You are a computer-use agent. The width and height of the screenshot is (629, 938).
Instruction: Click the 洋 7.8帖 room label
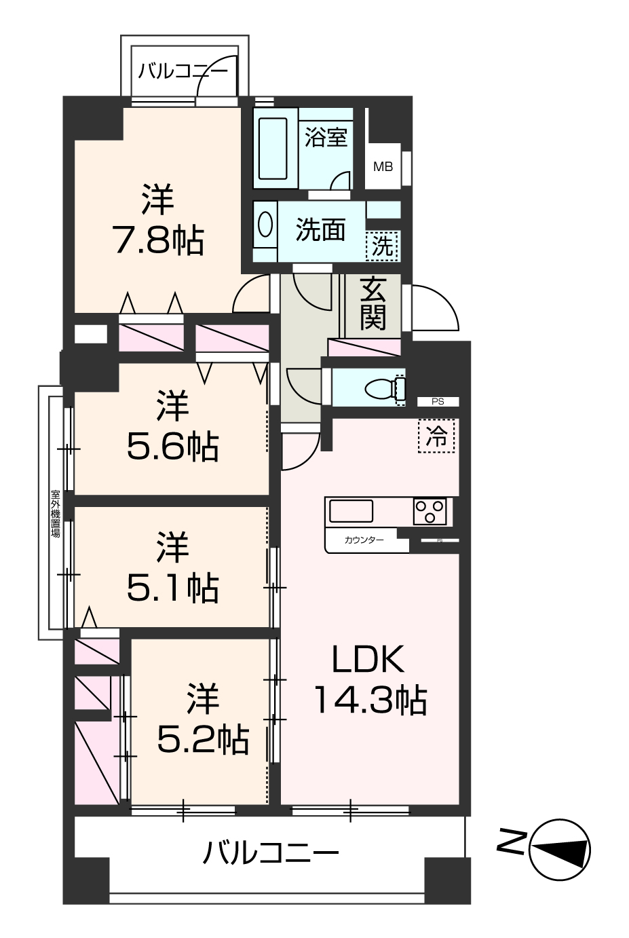(157, 219)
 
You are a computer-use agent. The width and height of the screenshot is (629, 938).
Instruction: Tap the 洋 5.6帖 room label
(172, 426)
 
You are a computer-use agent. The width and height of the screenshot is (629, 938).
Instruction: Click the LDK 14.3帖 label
(369, 679)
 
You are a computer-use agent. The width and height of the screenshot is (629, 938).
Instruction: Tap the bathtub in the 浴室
(273, 149)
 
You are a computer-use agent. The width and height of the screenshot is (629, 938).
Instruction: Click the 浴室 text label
(326, 137)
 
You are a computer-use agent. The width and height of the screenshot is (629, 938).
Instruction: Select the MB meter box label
(383, 166)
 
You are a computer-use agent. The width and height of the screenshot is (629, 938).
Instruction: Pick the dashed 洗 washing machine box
(383, 246)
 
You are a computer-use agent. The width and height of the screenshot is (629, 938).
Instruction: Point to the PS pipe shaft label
(438, 402)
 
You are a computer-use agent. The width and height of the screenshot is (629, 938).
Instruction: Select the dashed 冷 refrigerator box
(438, 437)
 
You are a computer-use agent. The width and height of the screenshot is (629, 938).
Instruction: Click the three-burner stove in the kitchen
(430, 511)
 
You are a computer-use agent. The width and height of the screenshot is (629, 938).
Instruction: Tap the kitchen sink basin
(350, 510)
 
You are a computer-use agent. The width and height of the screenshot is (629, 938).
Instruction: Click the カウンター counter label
(364, 540)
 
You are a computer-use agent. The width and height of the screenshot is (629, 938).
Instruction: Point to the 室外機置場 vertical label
(55, 513)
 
